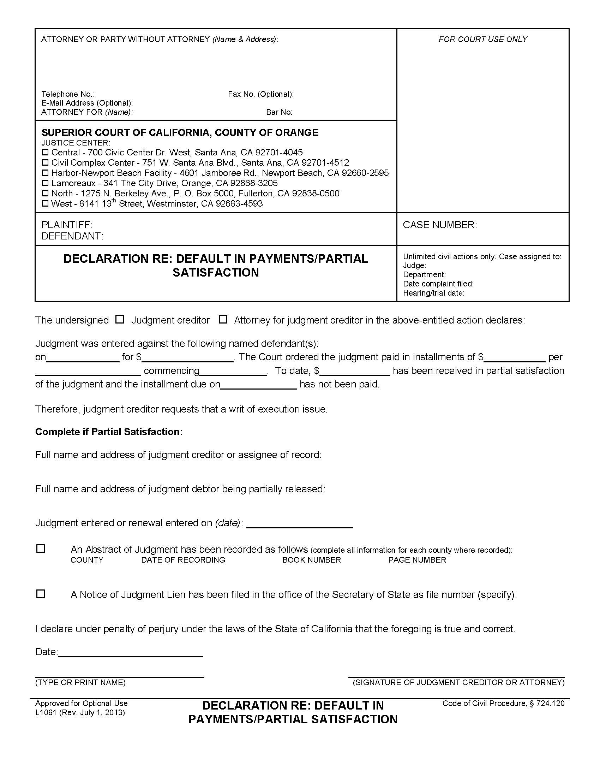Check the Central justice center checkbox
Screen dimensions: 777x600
45,153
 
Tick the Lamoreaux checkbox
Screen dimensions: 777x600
45,183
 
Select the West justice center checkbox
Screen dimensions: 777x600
45,204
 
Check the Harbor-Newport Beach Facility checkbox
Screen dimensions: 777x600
45,173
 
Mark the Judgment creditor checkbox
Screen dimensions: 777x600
120,320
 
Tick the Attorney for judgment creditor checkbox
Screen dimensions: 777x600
223,320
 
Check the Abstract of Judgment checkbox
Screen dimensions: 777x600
41,548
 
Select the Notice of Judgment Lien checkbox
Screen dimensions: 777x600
41,594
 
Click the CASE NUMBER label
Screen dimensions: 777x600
440,225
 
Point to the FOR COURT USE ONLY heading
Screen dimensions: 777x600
483,39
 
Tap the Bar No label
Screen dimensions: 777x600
279,112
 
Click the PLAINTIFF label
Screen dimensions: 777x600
67,225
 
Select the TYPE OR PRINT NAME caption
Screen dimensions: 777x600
80,682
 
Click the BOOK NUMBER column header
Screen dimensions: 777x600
311,560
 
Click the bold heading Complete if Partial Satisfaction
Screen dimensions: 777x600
109,432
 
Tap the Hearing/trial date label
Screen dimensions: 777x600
434,293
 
